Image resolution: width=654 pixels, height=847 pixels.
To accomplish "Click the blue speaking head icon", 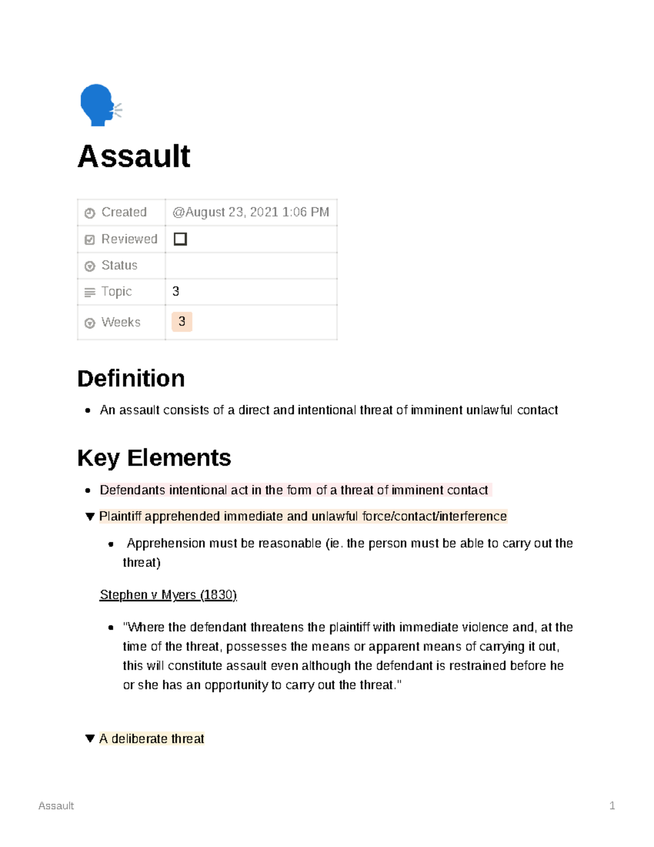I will [x=99, y=105].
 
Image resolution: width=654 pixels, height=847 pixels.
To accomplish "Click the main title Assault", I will [x=134, y=157].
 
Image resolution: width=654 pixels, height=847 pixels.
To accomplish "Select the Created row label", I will [x=124, y=212].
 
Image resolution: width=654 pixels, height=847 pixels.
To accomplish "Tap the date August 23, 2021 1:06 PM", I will [x=251, y=212].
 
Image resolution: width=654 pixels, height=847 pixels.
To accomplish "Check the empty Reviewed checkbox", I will [x=180, y=239].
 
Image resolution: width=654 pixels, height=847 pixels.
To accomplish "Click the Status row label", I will [x=119, y=266].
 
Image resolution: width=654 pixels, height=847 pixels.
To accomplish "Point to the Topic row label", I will [x=116, y=292].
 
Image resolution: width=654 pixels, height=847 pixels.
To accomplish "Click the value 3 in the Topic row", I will [x=175, y=292].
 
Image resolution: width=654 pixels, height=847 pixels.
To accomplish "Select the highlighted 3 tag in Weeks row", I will [x=181, y=322].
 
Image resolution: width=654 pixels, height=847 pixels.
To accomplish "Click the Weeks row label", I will [x=120, y=322].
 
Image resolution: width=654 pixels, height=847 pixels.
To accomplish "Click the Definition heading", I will [x=131, y=379].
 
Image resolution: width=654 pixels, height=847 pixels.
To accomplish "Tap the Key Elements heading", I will [x=154, y=458].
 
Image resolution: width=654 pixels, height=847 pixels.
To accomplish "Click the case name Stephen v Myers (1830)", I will [x=168, y=594].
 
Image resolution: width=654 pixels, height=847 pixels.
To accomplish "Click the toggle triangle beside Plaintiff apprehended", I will [x=90, y=516].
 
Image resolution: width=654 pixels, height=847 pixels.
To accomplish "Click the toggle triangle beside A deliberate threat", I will [x=90, y=738].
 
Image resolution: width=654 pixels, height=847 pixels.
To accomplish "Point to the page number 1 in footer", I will [x=612, y=806].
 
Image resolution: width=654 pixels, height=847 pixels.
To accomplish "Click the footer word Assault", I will [x=56, y=806].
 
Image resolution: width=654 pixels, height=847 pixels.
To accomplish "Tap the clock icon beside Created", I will [x=90, y=213].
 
